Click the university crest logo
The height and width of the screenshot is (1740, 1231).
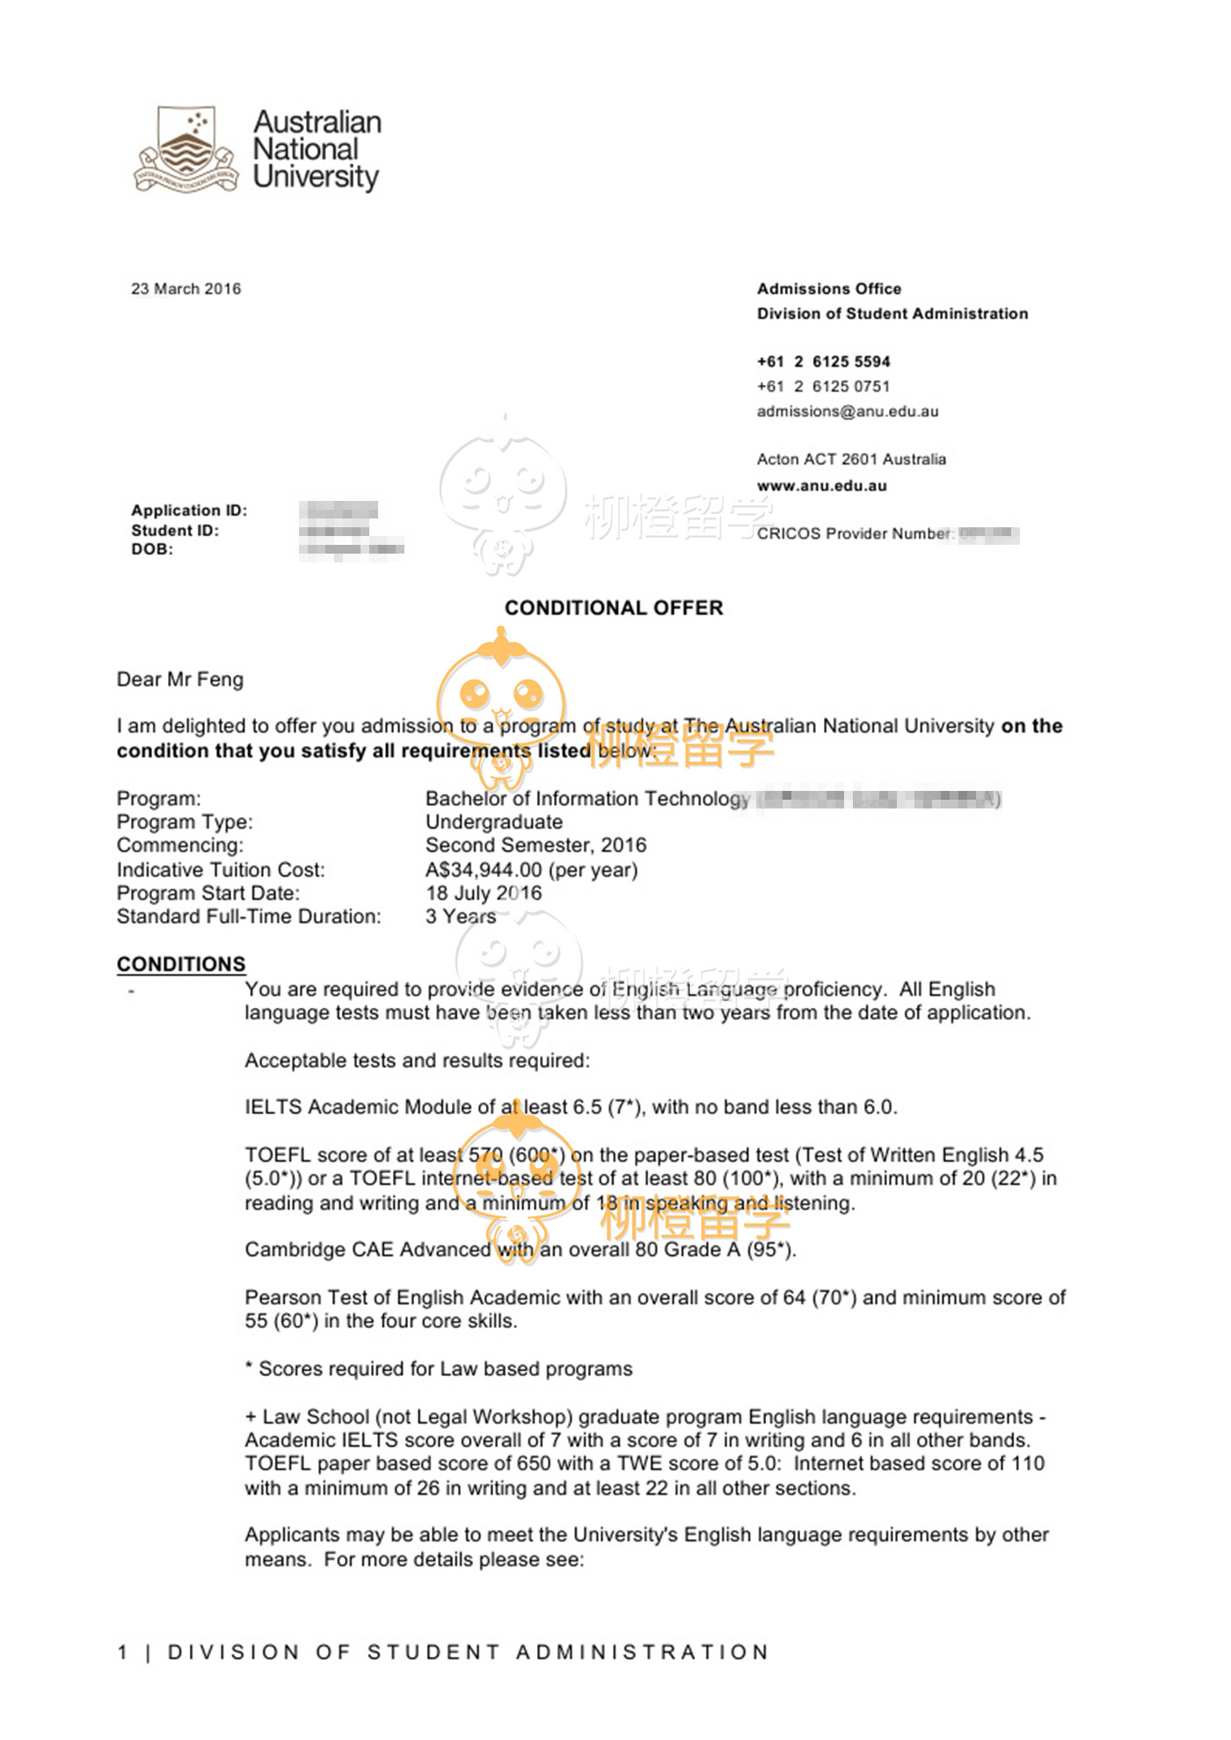pyautogui.click(x=186, y=149)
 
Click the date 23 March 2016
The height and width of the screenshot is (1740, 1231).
pyautogui.click(x=186, y=289)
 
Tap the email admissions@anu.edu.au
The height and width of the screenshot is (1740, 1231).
pyautogui.click(x=848, y=411)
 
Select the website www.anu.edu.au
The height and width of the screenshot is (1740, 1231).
pyautogui.click(x=821, y=486)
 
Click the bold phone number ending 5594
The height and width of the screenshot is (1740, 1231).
pyautogui.click(x=823, y=362)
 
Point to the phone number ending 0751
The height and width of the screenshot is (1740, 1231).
pyautogui.click(x=823, y=387)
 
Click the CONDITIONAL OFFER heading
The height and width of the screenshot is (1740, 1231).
pyautogui.click(x=614, y=608)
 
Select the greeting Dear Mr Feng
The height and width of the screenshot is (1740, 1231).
pyautogui.click(x=180, y=679)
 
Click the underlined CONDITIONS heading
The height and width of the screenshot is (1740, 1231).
pyautogui.click(x=181, y=964)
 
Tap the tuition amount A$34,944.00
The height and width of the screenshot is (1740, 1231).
pyautogui.click(x=484, y=870)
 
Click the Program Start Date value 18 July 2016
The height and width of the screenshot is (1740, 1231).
pyautogui.click(x=484, y=893)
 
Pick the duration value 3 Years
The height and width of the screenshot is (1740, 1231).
pyautogui.click(x=461, y=917)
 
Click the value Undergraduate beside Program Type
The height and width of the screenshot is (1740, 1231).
pyautogui.click(x=494, y=823)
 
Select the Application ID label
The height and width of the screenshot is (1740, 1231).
pyautogui.click(x=189, y=511)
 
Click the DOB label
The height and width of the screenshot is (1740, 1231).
pyautogui.click(x=152, y=549)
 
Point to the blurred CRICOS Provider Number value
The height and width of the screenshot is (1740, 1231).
pyautogui.click(x=989, y=534)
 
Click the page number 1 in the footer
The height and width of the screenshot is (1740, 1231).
pyautogui.click(x=123, y=1652)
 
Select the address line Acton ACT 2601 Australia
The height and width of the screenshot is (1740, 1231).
pyautogui.click(x=851, y=460)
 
